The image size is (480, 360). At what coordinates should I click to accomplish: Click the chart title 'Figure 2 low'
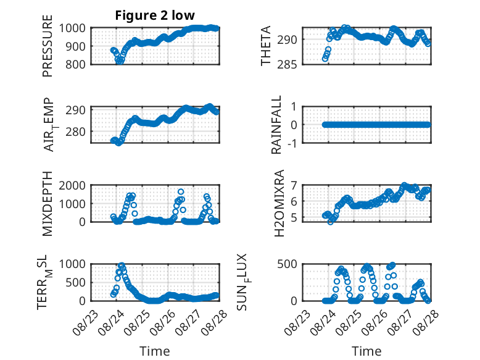click(155, 15)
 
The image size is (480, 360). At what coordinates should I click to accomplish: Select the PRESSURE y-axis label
click(48, 46)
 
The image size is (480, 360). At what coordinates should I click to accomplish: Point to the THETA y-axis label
click(266, 46)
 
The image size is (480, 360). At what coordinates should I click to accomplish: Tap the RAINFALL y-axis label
click(276, 124)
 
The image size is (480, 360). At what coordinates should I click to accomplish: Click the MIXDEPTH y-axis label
click(48, 203)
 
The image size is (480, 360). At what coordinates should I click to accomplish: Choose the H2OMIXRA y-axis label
click(279, 203)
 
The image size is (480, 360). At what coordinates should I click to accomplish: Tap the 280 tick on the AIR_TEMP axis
click(75, 132)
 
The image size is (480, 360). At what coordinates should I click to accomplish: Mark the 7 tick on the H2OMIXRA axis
click(294, 185)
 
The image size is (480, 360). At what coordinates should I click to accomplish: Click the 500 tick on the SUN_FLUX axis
click(287, 264)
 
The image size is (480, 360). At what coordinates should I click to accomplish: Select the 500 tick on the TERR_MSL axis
click(75, 282)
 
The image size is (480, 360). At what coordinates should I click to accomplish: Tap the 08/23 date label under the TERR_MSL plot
click(86, 322)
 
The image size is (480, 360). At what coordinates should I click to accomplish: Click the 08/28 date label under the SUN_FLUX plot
click(426, 322)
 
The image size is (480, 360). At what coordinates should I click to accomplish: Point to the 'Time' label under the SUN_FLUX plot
click(366, 351)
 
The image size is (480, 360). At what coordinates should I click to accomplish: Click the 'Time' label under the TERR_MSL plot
click(155, 351)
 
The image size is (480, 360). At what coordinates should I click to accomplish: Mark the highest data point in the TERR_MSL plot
click(122, 266)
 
